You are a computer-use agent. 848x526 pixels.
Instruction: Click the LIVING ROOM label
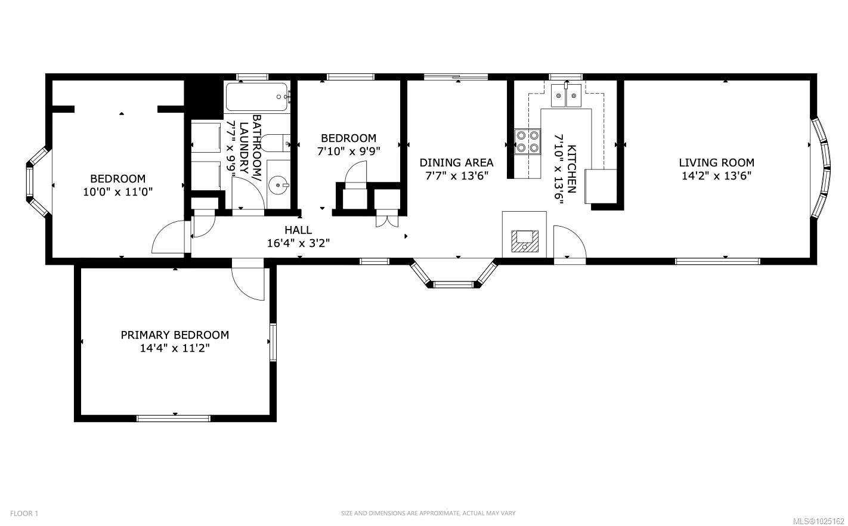click(x=716, y=162)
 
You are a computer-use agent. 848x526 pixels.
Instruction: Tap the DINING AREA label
click(x=456, y=162)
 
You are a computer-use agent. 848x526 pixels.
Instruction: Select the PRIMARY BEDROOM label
click(x=175, y=335)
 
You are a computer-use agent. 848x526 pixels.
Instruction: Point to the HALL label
click(x=298, y=230)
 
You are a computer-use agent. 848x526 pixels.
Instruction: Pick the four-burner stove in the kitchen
click(x=527, y=141)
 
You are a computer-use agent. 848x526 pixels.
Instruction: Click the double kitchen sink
click(x=566, y=96)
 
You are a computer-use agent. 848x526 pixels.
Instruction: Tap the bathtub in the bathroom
click(x=257, y=97)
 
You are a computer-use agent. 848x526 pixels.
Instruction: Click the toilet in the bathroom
click(x=276, y=143)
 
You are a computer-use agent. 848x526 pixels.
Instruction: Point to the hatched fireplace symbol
click(x=525, y=241)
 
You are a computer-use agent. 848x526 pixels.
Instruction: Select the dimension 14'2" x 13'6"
click(x=716, y=176)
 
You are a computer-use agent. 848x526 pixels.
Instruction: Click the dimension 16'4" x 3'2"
click(x=298, y=243)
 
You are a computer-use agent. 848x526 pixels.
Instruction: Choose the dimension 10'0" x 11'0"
click(x=117, y=191)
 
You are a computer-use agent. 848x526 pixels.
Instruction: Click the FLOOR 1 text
click(x=24, y=513)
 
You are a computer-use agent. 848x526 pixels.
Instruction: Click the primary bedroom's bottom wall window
click(x=174, y=419)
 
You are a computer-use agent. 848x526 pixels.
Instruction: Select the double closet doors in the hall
click(x=387, y=221)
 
